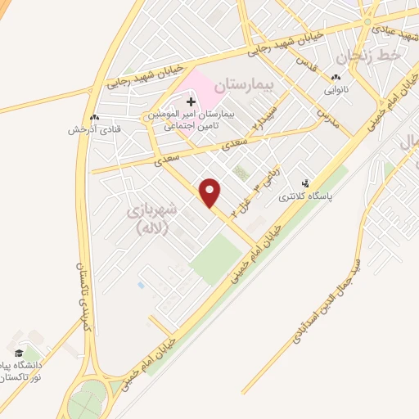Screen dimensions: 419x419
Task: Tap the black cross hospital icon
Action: point(191,102)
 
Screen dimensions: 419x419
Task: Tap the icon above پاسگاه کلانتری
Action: point(305,184)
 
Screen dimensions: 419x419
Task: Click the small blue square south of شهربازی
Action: point(141,285)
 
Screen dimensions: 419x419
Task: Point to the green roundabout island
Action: point(85,403)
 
